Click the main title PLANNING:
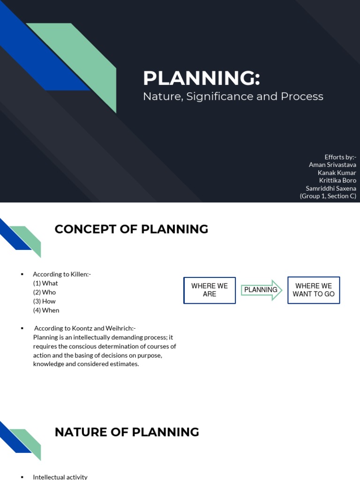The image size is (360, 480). tap(201, 78)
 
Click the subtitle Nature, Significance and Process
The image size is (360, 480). tap(233, 97)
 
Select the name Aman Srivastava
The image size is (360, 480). tap(332, 165)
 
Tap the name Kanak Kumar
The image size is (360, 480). tap(337, 172)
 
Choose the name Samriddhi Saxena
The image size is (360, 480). tap(331, 188)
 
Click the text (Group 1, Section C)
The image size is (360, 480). tap(328, 196)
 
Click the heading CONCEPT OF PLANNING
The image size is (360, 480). tap(131, 229)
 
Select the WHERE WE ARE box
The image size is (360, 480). tap(210, 290)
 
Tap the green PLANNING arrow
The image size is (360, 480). tap(262, 290)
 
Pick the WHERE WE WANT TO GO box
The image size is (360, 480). tap(314, 290)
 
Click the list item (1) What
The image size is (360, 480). tap(45, 283)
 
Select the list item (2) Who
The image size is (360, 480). tap(45, 292)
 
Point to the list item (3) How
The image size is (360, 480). tap(45, 301)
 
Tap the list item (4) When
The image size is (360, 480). tap(46, 310)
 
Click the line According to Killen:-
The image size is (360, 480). tap(61, 274)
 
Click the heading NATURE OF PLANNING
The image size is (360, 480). tap(127, 432)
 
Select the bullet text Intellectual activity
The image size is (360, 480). tap(60, 477)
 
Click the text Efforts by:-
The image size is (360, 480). tap(340, 157)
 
